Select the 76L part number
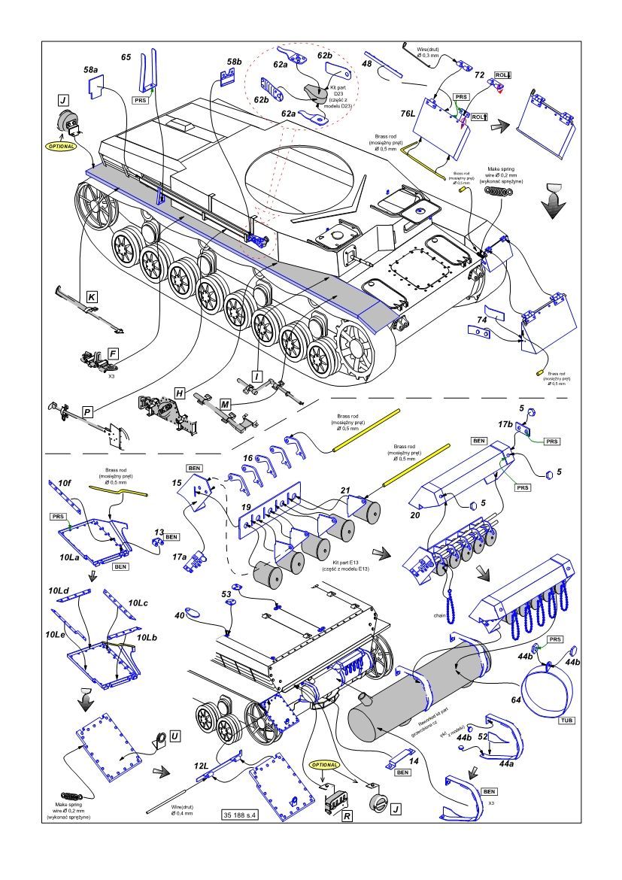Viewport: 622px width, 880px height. pos(408,113)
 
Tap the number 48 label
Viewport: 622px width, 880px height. pos(366,64)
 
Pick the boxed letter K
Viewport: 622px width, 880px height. pos(91,298)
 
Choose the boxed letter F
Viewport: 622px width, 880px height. pos(112,352)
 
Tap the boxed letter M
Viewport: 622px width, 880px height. pos(226,405)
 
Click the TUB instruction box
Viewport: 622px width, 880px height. pos(566,720)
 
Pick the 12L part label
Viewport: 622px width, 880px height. pos(201,765)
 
